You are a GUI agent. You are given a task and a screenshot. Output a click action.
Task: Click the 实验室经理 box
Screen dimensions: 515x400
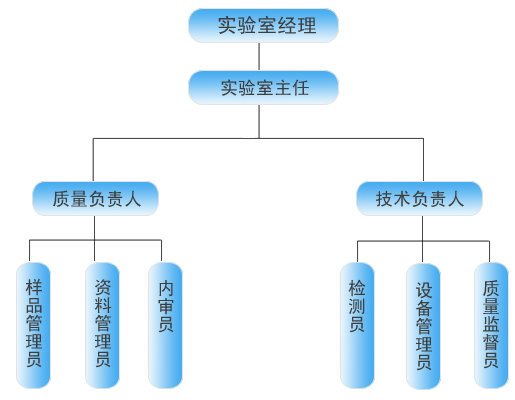click(263, 26)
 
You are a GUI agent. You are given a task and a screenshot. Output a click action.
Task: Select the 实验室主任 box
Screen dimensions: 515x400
click(263, 88)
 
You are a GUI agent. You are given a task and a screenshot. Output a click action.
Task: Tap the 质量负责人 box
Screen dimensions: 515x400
click(95, 199)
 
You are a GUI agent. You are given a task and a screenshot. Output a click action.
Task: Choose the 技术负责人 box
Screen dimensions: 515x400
click(419, 199)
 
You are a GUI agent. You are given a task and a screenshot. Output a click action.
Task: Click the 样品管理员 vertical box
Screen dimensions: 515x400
click(33, 325)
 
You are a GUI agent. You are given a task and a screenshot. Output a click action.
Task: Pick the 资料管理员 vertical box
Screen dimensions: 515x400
click(102, 325)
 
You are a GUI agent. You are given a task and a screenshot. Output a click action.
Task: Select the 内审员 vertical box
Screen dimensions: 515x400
click(165, 325)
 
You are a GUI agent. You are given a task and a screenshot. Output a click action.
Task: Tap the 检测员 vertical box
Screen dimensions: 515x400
click(357, 325)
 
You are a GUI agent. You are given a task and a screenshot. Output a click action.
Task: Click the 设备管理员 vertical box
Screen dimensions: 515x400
click(423, 326)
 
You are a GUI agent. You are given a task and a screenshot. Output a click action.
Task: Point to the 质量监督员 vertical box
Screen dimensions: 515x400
click(491, 325)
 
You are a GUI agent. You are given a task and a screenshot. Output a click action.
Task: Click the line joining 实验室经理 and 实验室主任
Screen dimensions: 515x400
click(259, 57)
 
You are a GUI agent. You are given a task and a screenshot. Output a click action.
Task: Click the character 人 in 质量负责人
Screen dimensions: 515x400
click(133, 199)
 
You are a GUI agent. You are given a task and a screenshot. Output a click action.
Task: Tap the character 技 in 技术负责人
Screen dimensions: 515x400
click(384, 199)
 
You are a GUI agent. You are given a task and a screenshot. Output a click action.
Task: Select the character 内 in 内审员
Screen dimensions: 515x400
click(166, 288)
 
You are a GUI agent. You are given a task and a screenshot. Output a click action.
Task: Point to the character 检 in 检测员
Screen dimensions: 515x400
click(357, 288)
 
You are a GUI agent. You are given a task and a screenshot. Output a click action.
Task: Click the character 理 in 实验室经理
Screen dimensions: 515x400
click(307, 26)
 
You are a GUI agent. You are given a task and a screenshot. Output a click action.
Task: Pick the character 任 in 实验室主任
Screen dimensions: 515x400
click(301, 88)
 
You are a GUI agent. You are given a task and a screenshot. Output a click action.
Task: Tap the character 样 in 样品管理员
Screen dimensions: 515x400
click(34, 287)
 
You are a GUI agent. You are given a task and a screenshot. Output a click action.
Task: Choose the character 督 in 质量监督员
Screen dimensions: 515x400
click(491, 342)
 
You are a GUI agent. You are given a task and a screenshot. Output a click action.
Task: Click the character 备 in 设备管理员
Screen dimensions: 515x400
click(424, 308)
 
